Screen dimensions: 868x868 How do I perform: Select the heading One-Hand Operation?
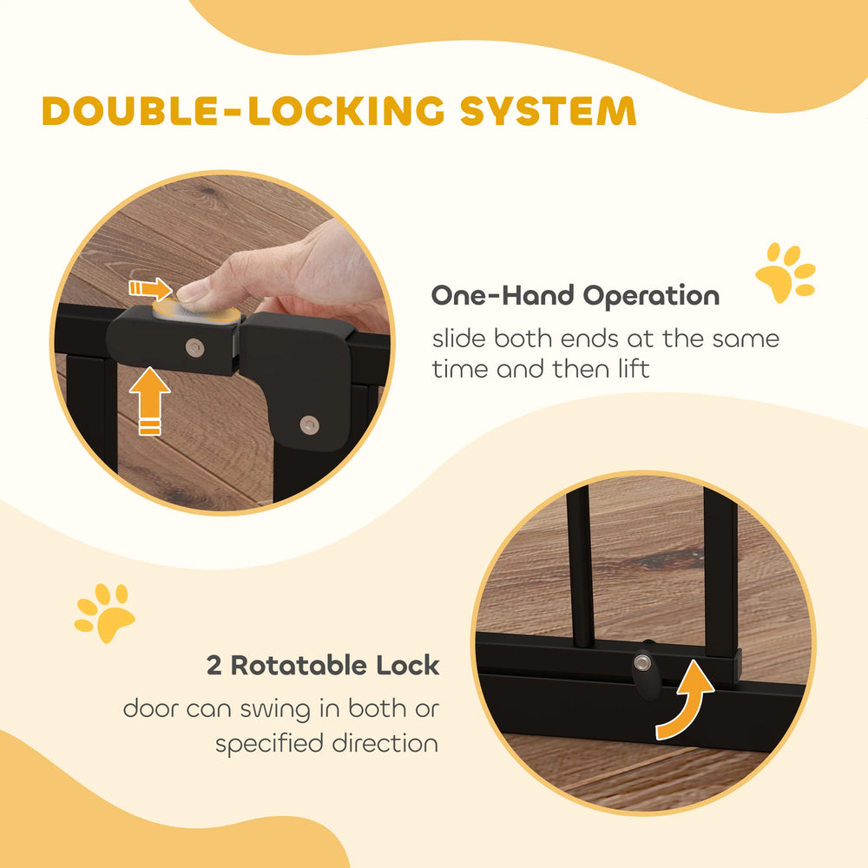(575, 296)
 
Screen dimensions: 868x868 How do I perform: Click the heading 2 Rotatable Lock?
(323, 667)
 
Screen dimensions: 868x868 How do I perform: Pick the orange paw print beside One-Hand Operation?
(785, 273)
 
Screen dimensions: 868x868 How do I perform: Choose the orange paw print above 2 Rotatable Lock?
(104, 613)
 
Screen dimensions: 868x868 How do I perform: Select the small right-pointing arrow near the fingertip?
(149, 288)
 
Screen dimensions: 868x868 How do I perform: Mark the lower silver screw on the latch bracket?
(308, 424)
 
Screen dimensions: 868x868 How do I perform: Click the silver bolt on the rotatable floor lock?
(641, 663)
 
